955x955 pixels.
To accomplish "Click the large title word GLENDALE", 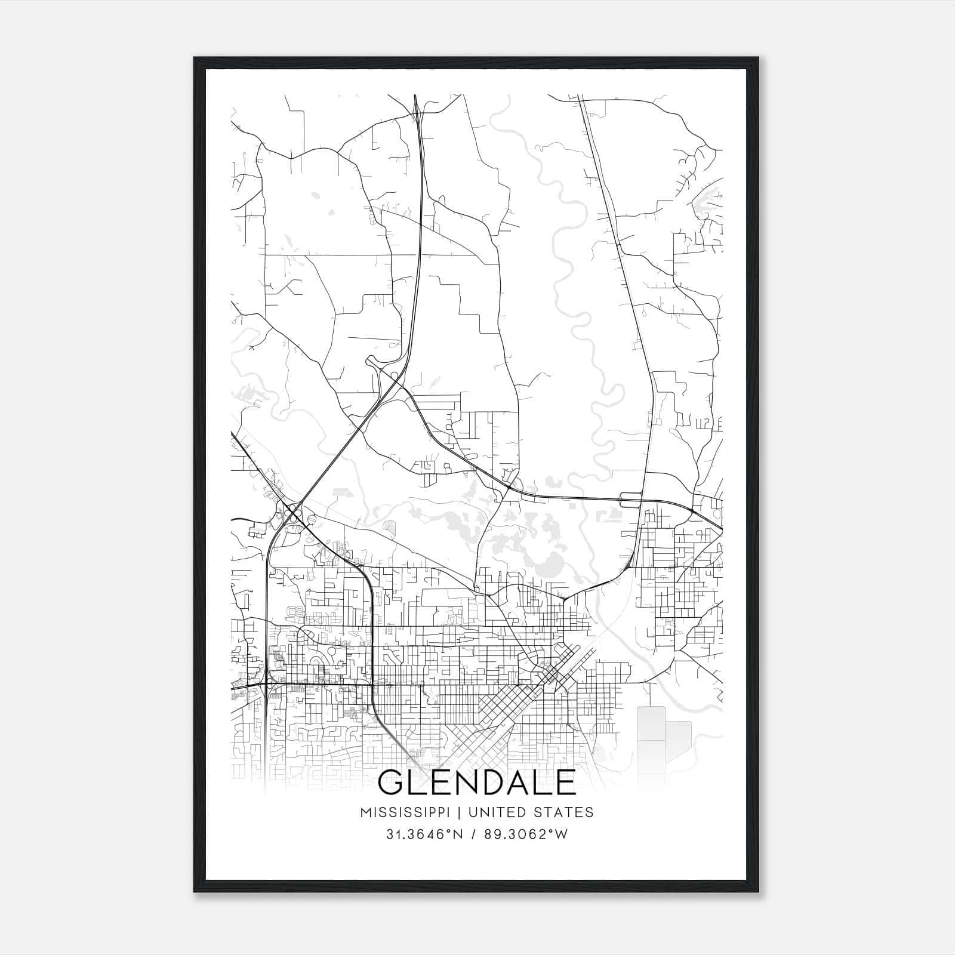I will click(x=477, y=783).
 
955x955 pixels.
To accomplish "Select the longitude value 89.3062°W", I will click(x=525, y=834).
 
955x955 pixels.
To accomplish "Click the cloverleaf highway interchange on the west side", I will click(x=293, y=512).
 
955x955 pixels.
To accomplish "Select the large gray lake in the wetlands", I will click(x=553, y=563).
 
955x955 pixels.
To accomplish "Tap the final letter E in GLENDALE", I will click(x=565, y=783).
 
